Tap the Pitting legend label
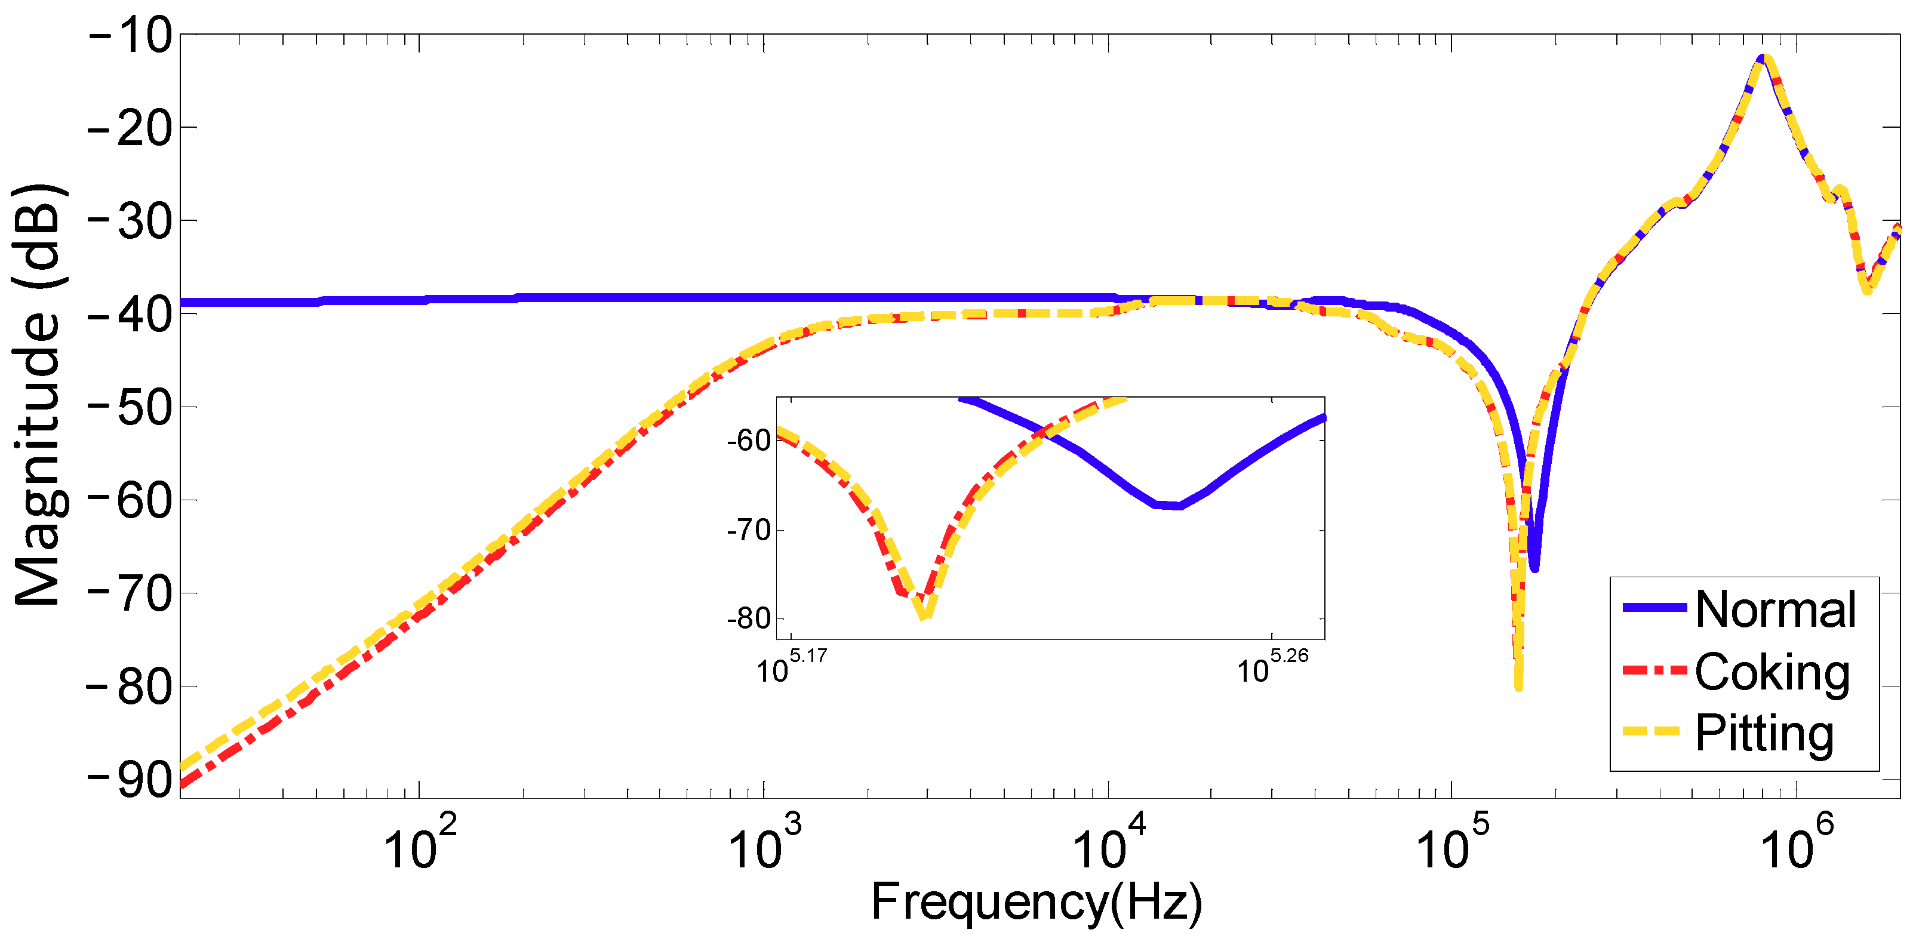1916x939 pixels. pyautogui.click(x=1764, y=734)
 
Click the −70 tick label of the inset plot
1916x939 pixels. pyautogui.click(x=749, y=530)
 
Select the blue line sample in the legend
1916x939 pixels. pyautogui.click(x=1654, y=608)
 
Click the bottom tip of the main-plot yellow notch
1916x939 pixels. pyautogui.click(x=1518, y=687)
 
